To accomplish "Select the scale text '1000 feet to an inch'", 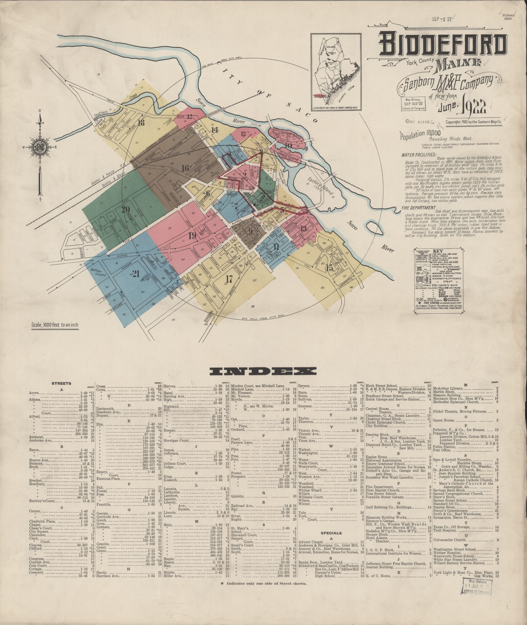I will click(55, 325).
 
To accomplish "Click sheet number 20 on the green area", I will click(125, 209).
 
